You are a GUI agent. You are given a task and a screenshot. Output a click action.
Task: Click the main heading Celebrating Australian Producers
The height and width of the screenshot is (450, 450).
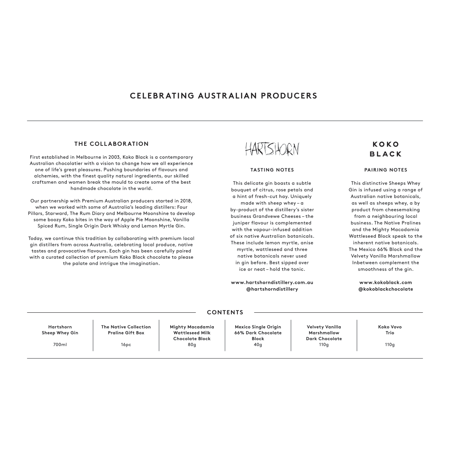tap(223, 96)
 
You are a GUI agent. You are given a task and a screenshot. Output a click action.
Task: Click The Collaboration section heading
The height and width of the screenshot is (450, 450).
tap(111, 144)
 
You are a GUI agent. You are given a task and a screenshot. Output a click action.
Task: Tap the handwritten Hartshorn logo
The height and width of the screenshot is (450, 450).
tap(272, 149)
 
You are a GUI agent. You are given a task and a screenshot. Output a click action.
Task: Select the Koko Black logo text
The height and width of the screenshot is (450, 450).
tap(385, 149)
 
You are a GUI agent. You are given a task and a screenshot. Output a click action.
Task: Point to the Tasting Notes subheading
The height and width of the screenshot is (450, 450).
tap(272, 170)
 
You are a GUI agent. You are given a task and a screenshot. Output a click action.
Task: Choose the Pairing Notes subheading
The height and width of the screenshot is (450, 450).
tap(385, 170)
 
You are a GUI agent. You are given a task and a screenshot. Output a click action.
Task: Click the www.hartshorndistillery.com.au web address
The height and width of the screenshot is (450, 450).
tap(272, 282)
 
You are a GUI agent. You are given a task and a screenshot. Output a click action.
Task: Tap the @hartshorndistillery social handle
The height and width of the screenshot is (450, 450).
tap(272, 289)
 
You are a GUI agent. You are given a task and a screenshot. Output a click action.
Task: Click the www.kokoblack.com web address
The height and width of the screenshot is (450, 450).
tap(385, 282)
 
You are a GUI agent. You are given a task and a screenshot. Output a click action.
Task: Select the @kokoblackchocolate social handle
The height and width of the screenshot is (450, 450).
tap(385, 289)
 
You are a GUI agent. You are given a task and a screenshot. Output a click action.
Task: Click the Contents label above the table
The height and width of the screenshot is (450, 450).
tap(225, 312)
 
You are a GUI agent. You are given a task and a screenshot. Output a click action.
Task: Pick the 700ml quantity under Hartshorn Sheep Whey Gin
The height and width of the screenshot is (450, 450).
tap(60, 345)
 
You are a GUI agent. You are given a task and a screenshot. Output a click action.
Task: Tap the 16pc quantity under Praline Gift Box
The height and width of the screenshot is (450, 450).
tap(126, 345)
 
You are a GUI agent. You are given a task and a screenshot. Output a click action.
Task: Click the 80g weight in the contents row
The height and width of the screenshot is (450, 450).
tap(192, 345)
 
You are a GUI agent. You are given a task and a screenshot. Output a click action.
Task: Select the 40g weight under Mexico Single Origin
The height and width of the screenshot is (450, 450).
tap(258, 345)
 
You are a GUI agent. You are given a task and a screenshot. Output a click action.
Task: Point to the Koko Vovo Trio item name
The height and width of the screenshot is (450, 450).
tap(390, 330)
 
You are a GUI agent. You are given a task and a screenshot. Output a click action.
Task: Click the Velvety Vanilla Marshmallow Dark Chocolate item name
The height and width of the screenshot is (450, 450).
tap(324, 333)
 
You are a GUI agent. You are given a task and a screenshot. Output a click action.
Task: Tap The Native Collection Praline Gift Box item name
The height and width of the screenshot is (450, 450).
tap(126, 330)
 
